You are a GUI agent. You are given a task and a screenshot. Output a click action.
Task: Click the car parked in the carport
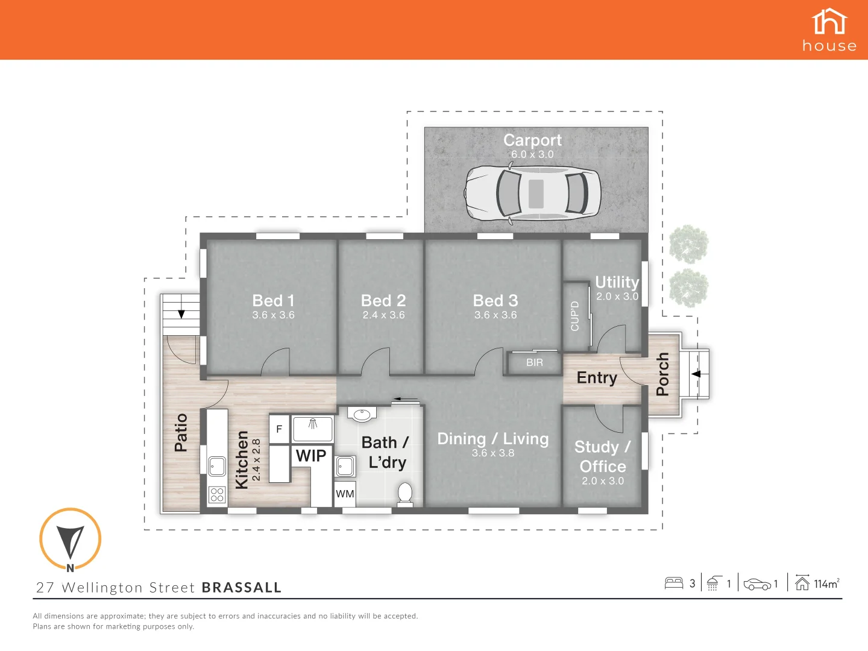532,193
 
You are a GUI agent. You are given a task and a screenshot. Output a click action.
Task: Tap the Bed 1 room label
273,300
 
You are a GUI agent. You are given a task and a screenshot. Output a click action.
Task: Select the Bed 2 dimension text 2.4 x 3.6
383,315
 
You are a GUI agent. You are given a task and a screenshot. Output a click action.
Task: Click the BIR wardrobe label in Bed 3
534,363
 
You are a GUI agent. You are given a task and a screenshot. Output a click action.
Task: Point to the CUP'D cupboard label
574,316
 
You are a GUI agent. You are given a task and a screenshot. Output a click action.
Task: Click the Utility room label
617,282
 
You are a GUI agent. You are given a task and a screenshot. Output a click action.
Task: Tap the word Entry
597,378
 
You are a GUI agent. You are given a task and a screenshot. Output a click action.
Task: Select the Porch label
662,374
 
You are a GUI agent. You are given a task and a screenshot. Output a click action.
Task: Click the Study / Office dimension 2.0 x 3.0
603,481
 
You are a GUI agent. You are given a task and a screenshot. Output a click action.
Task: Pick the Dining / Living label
493,439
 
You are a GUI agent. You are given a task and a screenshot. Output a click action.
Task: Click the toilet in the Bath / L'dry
405,493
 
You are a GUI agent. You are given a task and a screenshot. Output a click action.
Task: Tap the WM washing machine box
345,494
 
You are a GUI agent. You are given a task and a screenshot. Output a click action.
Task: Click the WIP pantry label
311,456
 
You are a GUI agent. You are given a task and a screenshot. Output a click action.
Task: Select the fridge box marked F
279,429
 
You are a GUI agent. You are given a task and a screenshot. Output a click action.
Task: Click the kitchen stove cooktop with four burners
217,495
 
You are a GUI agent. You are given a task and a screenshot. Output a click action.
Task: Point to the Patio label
181,432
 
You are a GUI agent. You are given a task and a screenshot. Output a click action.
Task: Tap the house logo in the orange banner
829,30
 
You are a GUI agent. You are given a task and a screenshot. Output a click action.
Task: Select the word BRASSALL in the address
242,588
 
